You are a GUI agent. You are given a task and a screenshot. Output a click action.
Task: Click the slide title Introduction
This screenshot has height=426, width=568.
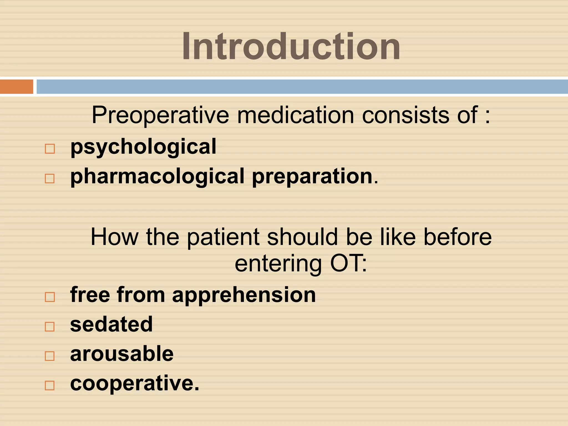click(291, 46)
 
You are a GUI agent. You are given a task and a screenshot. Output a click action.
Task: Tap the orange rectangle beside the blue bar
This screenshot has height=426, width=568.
click(16, 87)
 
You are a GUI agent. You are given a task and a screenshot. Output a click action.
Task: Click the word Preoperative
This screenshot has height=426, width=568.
click(160, 115)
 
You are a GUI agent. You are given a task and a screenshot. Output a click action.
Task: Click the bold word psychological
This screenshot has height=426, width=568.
click(143, 147)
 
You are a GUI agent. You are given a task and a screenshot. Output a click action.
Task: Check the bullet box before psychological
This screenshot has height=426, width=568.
click(50, 149)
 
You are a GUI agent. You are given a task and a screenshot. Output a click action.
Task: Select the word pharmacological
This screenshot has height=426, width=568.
click(157, 177)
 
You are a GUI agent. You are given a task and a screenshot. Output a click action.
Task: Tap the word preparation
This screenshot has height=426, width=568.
click(312, 177)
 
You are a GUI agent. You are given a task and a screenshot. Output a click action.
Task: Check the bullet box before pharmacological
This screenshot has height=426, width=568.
click(50, 178)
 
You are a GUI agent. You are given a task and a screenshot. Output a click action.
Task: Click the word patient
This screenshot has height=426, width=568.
click(223, 237)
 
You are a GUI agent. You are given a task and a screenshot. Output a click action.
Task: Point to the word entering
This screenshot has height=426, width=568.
click(278, 263)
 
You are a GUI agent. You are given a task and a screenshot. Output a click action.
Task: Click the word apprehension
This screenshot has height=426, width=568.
click(244, 295)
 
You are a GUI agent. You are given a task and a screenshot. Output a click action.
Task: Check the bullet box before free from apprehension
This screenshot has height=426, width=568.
click(50, 297)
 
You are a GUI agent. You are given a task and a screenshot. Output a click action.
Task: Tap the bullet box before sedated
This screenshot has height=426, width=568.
click(50, 326)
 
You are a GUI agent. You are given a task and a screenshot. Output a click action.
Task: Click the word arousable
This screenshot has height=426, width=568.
click(122, 354)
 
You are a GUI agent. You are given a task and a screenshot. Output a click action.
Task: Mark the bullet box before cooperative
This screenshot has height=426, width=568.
click(50, 385)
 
